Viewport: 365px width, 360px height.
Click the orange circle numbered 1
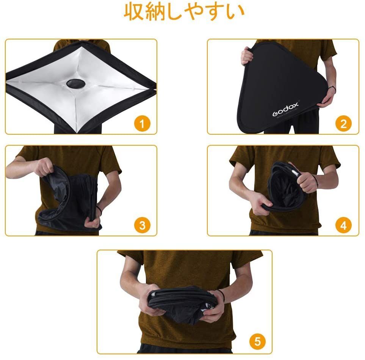pyautogui.click(x=142, y=123)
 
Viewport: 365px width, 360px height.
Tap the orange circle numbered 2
pyautogui.click(x=343, y=123)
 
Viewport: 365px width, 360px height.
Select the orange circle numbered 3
pyautogui.click(x=142, y=225)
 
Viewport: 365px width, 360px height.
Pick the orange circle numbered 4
pyautogui.click(x=343, y=225)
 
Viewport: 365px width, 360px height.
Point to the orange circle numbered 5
pyautogui.click(x=257, y=341)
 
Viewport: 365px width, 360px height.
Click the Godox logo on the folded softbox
pyautogui.click(x=285, y=110)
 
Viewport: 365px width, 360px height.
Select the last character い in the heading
pyautogui.click(x=235, y=12)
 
